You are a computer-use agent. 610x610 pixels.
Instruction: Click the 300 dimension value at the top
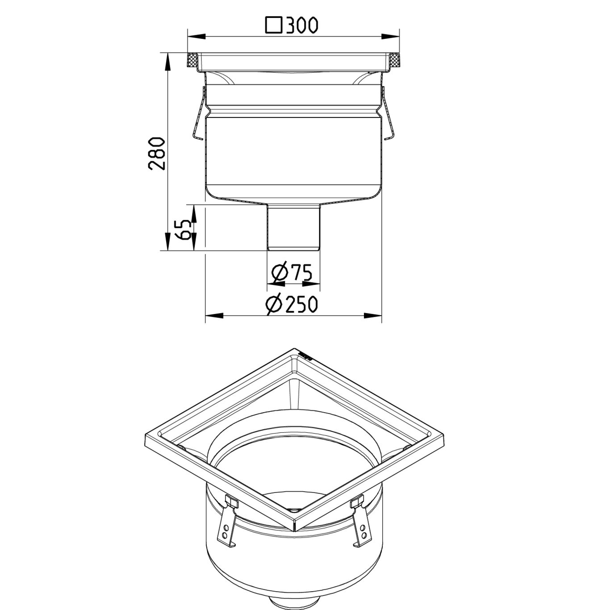302,25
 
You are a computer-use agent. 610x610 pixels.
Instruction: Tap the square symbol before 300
273,25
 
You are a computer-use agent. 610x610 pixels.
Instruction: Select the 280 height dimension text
157,153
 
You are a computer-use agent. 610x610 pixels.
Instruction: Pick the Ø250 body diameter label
291,305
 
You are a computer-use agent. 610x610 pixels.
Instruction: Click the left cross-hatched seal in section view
192,61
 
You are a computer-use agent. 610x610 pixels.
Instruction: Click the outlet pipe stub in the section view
293,228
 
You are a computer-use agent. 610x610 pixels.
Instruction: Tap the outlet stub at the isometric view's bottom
294,604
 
